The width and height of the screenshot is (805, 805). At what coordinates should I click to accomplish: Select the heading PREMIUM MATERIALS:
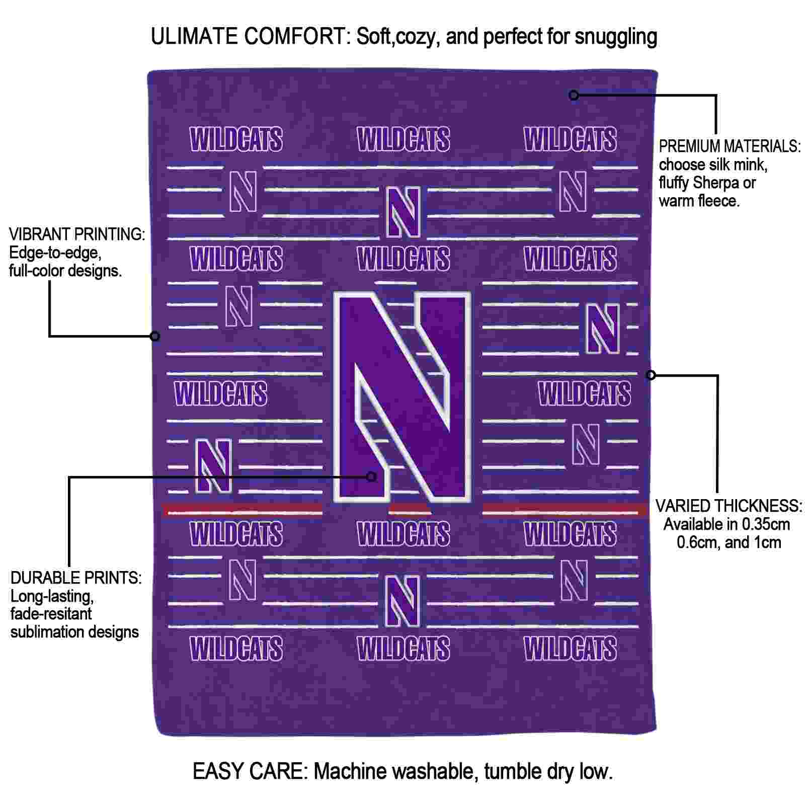[x=730, y=146]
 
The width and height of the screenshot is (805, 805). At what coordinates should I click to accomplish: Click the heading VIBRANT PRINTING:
[x=77, y=234]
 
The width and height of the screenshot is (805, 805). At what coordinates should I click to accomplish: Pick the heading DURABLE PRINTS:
[x=76, y=578]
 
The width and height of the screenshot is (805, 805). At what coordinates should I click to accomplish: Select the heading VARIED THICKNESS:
[x=729, y=506]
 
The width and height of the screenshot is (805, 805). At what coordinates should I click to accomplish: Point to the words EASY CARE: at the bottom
[x=250, y=771]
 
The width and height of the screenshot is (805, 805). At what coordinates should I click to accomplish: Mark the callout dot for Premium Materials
[x=574, y=95]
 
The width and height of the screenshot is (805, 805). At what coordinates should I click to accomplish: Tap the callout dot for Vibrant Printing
[x=155, y=336]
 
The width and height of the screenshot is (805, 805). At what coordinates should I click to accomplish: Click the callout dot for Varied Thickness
[x=651, y=375]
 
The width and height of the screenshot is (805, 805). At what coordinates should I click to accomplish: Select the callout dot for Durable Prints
[x=371, y=476]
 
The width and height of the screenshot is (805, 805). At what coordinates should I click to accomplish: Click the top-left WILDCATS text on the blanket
[x=236, y=139]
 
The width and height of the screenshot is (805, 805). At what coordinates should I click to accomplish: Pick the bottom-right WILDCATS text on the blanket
[x=570, y=649]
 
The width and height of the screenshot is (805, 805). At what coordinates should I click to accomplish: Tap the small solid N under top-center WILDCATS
[x=403, y=212]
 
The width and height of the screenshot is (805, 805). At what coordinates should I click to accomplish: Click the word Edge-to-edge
[x=55, y=253]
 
